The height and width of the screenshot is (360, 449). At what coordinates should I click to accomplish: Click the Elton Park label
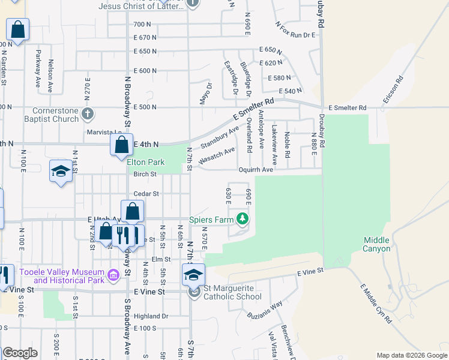[146, 162]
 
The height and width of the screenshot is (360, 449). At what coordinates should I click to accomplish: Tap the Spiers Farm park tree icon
[243, 220]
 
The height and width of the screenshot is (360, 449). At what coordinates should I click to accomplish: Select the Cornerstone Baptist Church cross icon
[88, 113]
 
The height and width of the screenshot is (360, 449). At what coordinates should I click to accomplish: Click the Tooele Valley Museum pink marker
[113, 276]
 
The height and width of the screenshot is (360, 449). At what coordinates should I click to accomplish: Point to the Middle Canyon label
[376, 244]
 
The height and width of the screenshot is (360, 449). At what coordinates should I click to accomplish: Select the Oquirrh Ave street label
[255, 170]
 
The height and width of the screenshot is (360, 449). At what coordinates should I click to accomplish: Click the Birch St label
[145, 175]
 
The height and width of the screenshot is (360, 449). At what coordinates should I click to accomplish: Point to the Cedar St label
[146, 194]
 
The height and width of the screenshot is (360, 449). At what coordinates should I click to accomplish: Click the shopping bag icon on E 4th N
[121, 144]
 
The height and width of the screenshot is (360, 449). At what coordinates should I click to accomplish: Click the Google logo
[20, 353]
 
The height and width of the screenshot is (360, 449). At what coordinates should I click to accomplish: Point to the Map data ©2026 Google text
[411, 355]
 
